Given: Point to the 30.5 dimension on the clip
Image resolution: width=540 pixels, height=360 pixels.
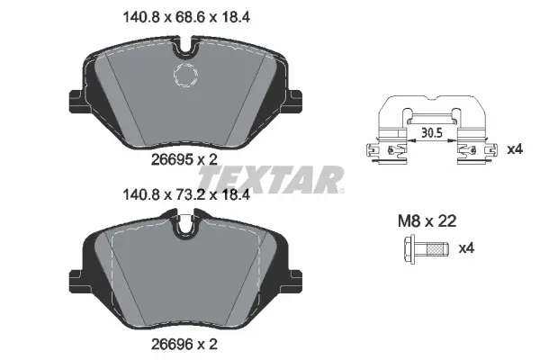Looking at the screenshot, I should [433, 132].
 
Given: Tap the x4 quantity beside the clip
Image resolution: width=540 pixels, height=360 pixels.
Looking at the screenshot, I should [515, 148].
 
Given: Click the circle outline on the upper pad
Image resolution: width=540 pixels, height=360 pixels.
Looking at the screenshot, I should [185, 76].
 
